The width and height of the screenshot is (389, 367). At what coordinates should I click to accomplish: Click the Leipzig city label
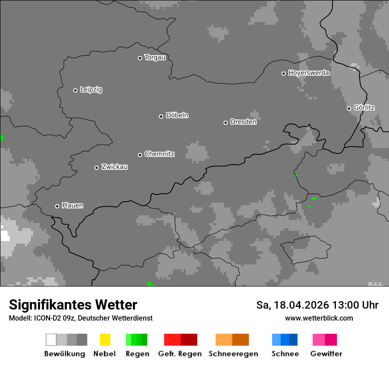[x=91, y=90]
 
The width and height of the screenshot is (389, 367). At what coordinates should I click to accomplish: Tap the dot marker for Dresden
[x=225, y=122]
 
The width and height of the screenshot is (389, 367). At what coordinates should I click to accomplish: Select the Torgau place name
[x=155, y=57]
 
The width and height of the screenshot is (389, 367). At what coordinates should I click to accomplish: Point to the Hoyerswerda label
[x=309, y=73]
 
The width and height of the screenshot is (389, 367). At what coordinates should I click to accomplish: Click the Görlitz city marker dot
[x=349, y=108]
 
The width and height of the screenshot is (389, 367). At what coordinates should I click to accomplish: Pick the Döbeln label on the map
[x=177, y=115]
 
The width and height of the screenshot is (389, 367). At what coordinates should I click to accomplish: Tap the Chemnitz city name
[x=159, y=154]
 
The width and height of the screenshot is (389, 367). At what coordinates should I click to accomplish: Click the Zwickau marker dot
[x=96, y=168]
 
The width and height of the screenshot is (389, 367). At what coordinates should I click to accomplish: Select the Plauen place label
[x=72, y=206]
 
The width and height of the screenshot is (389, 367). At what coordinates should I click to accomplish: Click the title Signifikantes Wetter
[x=73, y=305]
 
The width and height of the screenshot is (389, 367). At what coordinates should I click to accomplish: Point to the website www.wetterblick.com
[x=319, y=318]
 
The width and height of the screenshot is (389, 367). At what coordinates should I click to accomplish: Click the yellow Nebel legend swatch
[x=105, y=340]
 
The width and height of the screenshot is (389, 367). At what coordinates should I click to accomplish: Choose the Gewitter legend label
[x=326, y=354]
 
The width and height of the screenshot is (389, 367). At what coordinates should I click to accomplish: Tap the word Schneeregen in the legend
[x=233, y=354]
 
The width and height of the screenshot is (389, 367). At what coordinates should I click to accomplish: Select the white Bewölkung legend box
[x=51, y=340]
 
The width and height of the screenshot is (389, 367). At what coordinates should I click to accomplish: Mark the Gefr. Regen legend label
[x=179, y=354]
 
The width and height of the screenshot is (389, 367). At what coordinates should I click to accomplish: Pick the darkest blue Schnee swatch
[x=294, y=340]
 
